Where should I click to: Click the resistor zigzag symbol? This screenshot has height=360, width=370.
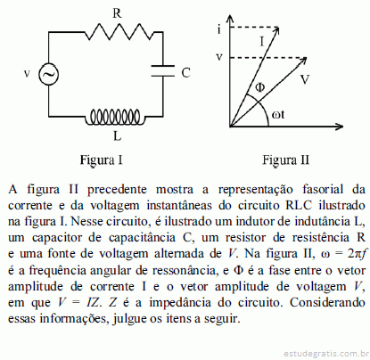pos(119,32)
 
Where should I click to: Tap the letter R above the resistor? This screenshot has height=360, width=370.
pos(117,13)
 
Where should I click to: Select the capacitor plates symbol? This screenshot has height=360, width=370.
pos(162,70)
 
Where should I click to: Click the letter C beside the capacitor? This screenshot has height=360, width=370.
pos(185,73)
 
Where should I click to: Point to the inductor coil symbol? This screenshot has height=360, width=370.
pos(115,117)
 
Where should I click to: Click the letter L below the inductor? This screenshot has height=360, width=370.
pos(118,136)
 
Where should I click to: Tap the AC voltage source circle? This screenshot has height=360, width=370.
pos(48,74)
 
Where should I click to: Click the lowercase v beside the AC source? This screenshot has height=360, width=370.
pos(27,73)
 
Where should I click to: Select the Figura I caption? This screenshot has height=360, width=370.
pos(102,160)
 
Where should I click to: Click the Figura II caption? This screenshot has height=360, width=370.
pos(285,160)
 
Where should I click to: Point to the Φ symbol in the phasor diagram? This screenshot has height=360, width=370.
pos(260,87)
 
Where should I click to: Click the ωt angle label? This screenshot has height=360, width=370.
pos(278,114)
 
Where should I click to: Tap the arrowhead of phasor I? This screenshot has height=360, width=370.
pos(276,30)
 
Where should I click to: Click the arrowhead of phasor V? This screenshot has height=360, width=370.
pos(302,61)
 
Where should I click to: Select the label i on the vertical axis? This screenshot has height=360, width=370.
pos(219,29)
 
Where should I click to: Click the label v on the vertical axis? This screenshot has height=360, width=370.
pos(219,57)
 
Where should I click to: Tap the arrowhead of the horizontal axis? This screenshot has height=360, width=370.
pos(339,127)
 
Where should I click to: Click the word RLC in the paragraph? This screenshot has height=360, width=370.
pos(299,205)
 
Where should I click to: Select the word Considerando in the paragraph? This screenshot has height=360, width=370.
pos(327,302)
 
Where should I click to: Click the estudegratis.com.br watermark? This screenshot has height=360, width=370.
pos(326,354)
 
